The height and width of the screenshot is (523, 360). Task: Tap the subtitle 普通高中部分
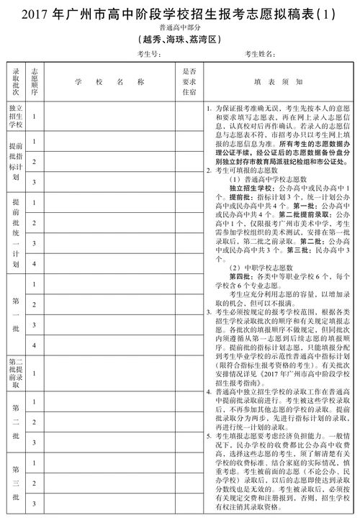coord(179,28)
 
